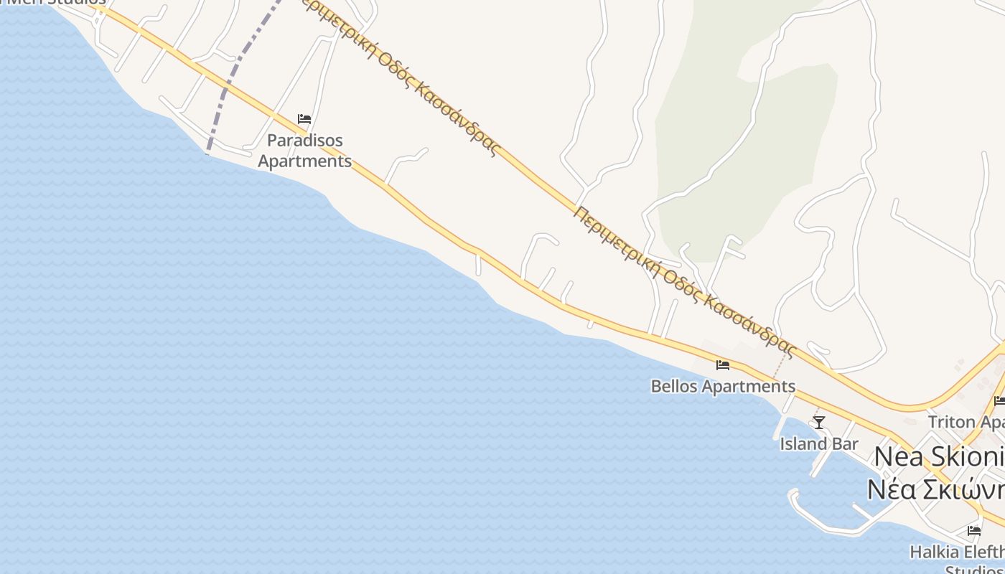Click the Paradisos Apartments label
coord(304,151)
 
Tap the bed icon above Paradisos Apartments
coord(304,119)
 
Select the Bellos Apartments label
coord(723,387)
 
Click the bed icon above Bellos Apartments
coord(723,365)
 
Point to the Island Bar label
coord(819,444)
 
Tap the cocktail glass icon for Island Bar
coord(818,422)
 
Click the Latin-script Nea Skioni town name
coord(938,456)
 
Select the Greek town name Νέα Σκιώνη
coord(935,489)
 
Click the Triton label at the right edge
coord(966,421)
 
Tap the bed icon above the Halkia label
coord(974,531)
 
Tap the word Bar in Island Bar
coord(844,444)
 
